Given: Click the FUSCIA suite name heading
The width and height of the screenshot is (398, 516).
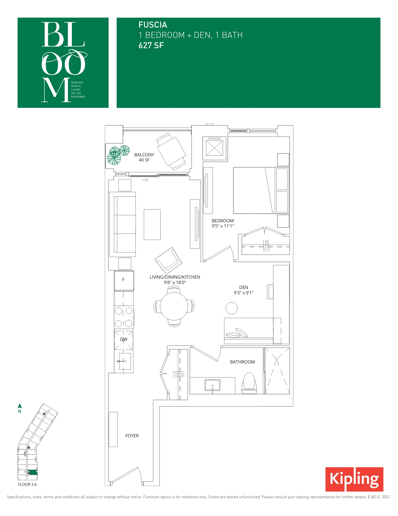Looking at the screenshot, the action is click(x=153, y=25).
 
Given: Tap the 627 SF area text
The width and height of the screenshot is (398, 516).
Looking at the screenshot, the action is click(x=151, y=45).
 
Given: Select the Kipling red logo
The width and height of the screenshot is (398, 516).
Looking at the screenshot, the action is click(x=354, y=479).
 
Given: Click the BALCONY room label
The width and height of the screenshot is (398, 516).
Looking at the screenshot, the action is click(x=144, y=155).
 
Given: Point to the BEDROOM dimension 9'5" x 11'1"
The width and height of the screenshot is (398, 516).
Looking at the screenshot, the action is click(x=223, y=226).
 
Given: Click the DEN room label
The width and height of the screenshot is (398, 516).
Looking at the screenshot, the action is click(x=243, y=287).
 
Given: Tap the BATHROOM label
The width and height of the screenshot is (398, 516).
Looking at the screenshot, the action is click(x=242, y=362).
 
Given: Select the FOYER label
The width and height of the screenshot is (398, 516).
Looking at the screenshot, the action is click(x=132, y=436).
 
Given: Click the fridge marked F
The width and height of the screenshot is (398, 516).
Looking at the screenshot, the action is click(x=124, y=280).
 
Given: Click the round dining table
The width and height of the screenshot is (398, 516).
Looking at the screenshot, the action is click(x=174, y=306).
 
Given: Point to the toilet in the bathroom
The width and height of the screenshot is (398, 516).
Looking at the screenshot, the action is click(x=249, y=383).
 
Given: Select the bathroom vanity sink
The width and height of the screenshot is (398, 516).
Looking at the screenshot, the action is click(x=213, y=385).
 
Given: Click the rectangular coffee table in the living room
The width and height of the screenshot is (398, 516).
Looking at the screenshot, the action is click(x=152, y=224).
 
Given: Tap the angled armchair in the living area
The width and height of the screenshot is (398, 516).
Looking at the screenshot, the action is click(x=168, y=260).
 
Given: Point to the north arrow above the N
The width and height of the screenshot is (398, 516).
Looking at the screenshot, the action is click(x=20, y=406).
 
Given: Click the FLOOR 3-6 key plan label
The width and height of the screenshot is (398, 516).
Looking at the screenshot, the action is click(x=27, y=485).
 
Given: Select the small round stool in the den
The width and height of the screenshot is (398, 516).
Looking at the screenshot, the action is click(x=232, y=308).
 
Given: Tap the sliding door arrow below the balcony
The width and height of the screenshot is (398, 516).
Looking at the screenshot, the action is click(x=145, y=180).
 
